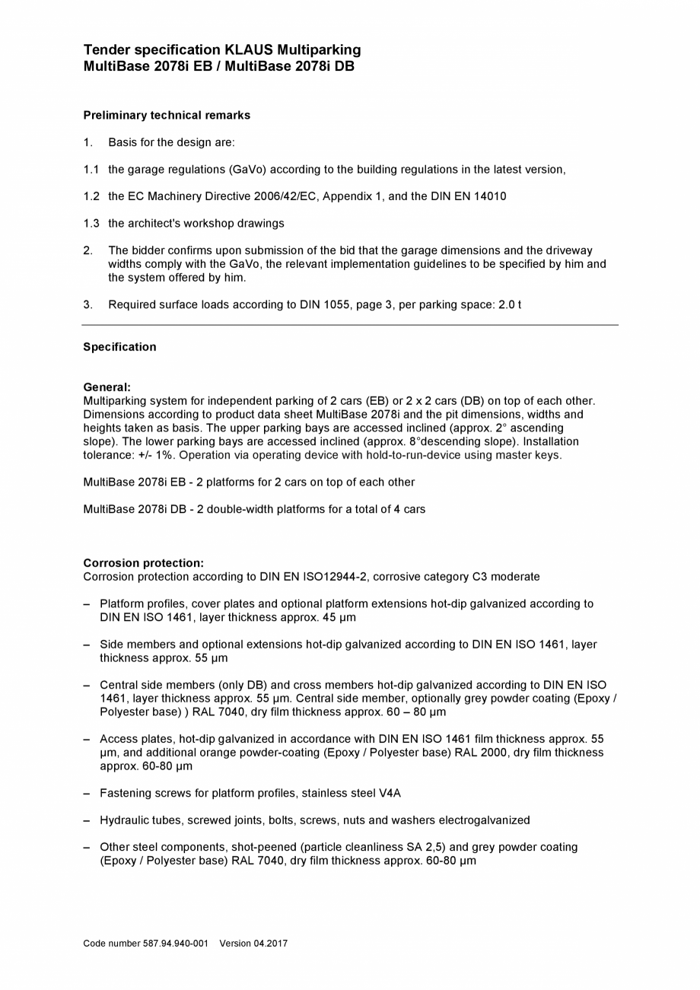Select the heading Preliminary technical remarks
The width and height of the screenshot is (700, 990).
click(167, 116)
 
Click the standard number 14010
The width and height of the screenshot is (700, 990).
click(491, 196)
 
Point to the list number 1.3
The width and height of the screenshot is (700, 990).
click(91, 224)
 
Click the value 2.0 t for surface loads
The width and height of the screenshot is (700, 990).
click(510, 305)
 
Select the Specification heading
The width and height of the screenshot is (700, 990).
click(119, 347)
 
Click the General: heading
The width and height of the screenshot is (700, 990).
click(107, 387)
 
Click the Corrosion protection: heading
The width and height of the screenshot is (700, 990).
click(143, 564)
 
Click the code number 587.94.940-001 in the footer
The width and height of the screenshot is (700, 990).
click(175, 944)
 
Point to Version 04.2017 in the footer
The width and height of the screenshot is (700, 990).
click(253, 944)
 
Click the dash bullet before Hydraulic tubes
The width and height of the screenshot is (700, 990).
click(87, 820)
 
